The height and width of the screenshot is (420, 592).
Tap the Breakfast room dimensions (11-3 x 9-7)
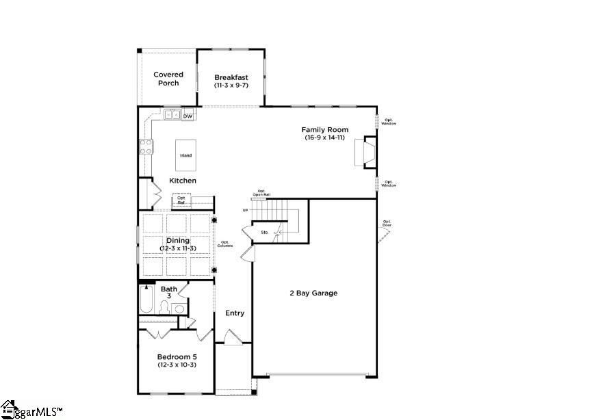pos(231,86)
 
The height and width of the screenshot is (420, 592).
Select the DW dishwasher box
pos(188,116)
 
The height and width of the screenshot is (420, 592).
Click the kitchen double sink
pos(172,116)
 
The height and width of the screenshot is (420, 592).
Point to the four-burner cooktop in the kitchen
pos(146,146)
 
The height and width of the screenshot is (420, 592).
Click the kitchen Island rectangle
pos(185,155)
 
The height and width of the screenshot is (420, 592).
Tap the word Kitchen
pos(183,181)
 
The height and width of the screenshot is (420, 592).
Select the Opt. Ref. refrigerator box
pos(181,200)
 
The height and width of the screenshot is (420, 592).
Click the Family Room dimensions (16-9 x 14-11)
pos(325,137)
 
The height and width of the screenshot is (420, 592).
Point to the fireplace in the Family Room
pos(368,151)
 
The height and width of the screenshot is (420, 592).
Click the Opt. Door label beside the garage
pos(387,223)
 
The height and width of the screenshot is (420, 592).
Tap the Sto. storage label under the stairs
pos(264,233)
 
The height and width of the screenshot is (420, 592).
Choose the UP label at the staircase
pos(245,210)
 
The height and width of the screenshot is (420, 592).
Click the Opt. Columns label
pos(226,244)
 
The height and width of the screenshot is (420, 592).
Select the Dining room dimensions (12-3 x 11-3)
pos(178,248)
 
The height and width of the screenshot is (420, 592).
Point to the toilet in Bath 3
pos(166,308)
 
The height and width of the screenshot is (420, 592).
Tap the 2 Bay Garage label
pos(313,293)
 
